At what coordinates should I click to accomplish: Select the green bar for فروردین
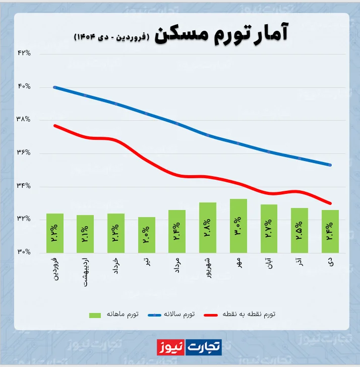point(55,233)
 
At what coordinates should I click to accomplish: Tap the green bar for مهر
point(238,226)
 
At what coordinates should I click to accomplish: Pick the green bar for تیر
point(147,235)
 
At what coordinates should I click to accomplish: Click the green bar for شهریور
point(208,227)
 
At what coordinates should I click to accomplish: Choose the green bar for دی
point(330,231)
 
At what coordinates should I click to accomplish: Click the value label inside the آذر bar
point(299,231)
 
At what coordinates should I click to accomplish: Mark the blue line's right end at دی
point(330,165)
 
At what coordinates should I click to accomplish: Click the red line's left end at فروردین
point(55,125)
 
